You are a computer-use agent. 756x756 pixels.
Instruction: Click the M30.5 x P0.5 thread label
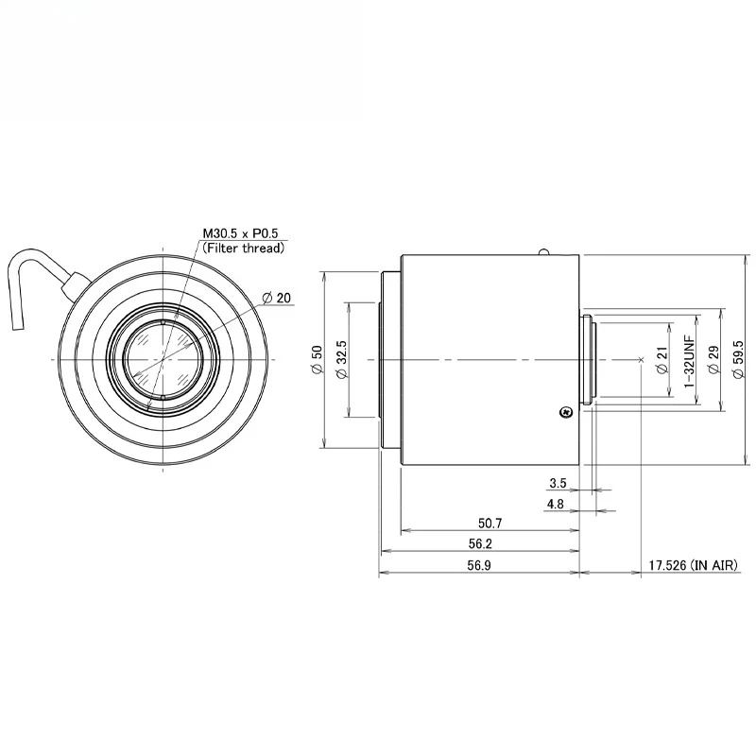[243, 233]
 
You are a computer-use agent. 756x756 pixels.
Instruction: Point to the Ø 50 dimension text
[317, 360]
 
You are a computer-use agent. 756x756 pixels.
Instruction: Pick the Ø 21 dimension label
[661, 360]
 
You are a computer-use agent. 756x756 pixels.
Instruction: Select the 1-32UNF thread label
[689, 360]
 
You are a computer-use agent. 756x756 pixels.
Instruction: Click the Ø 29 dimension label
[713, 360]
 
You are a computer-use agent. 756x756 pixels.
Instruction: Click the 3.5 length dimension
[558, 483]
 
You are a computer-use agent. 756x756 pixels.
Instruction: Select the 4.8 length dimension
[556, 505]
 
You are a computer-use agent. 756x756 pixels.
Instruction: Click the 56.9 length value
[479, 565]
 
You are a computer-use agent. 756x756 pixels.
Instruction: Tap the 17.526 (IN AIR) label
[698, 565]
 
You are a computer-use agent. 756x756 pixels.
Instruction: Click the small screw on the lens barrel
[564, 412]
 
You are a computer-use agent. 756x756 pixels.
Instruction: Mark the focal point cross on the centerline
[642, 360]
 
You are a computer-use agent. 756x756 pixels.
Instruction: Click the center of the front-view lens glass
[163, 360]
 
